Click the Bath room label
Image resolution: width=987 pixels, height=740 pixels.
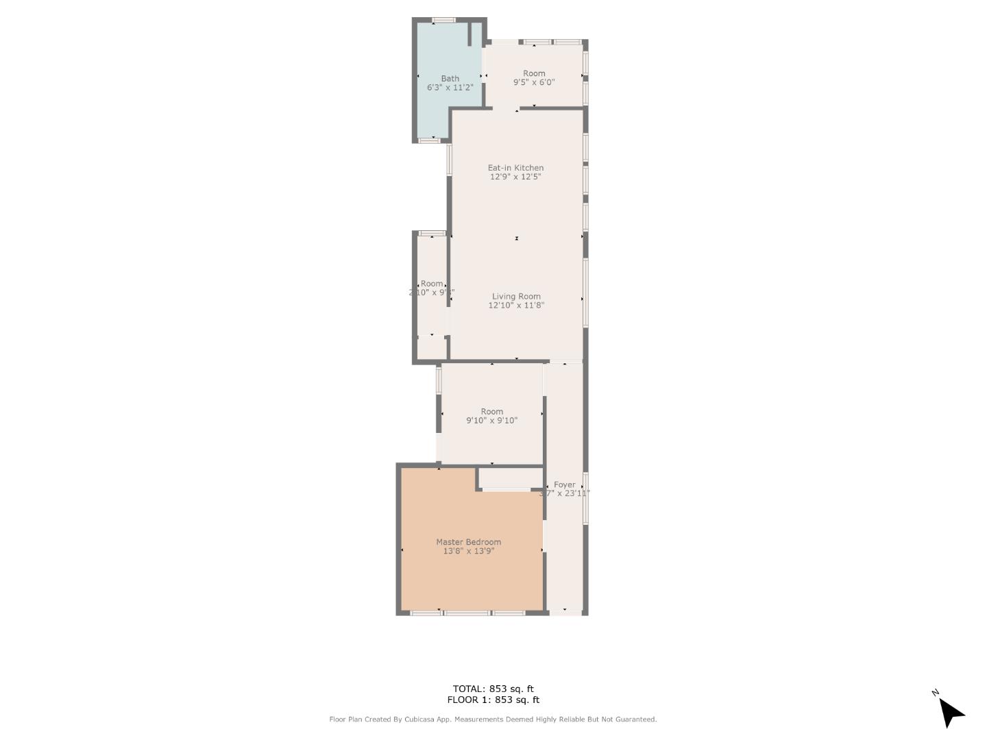click(x=450, y=78)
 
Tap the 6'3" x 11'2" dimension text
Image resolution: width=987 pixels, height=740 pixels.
click(x=450, y=88)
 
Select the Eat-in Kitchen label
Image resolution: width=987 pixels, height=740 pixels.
click(x=515, y=168)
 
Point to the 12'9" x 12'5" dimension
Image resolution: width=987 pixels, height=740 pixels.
click(x=515, y=177)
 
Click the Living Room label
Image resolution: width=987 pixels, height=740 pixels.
click(x=516, y=297)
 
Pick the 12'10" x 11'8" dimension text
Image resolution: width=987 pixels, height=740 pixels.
click(x=516, y=306)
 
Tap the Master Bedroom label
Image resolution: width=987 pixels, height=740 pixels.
click(x=468, y=542)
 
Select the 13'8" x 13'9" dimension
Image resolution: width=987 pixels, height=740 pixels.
click(x=468, y=551)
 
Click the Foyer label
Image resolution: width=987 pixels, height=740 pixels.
click(x=565, y=484)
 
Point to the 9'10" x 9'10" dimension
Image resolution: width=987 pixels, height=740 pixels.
click(x=491, y=421)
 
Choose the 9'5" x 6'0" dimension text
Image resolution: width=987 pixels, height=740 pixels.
click(x=534, y=82)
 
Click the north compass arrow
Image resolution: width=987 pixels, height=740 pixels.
click(x=950, y=712)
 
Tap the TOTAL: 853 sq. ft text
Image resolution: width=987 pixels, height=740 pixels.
click(x=493, y=689)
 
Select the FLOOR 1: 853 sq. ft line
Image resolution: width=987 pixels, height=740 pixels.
click(x=493, y=700)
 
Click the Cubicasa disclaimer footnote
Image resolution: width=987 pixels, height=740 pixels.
click(x=493, y=719)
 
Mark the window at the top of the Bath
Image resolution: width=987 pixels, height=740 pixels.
click(x=444, y=21)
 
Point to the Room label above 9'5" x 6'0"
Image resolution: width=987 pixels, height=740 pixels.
click(x=534, y=73)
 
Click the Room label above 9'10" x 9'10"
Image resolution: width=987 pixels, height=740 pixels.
click(x=491, y=412)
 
